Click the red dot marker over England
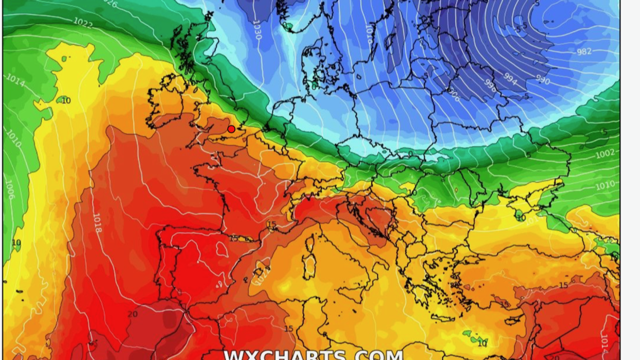231,129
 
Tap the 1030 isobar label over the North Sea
257,31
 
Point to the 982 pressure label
584,51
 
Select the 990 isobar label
542,80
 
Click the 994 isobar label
510,78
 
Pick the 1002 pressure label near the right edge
605,154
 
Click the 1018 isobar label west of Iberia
97,223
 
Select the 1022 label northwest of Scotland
82,22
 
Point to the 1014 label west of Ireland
15,80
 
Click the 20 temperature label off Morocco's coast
133,314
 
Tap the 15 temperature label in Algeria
288,329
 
